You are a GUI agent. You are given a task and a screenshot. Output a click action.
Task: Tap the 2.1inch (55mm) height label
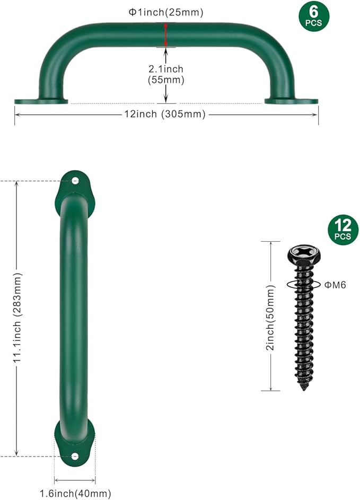coord(166,74)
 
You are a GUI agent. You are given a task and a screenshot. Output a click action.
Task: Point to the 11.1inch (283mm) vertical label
coord(17,318)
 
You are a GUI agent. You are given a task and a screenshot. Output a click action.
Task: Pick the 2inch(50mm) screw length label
coord(270,317)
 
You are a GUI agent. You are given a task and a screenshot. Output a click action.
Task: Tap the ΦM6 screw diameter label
coord(335,285)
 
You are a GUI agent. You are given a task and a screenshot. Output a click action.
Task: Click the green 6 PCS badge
coord(313,16)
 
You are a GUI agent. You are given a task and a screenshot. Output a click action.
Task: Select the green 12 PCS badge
coord(343,230)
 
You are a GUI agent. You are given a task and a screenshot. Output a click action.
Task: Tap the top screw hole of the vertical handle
coord(75,181)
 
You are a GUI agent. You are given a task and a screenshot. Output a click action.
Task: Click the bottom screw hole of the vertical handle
coord(75,456)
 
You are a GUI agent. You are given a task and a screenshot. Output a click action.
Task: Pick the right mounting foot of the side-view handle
coord(291,101)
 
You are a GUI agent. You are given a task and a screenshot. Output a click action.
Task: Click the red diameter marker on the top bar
coord(166,34)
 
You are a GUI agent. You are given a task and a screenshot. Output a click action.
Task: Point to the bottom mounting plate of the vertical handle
coord(75,445)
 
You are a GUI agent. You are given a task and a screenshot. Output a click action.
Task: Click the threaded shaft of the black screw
coord(304,329)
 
